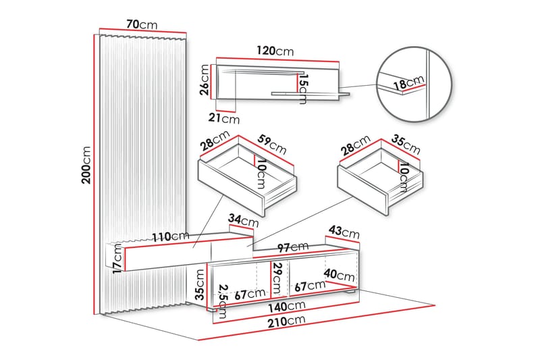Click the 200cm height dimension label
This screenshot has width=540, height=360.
(x=86, y=165)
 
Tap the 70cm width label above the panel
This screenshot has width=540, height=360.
(x=142, y=24)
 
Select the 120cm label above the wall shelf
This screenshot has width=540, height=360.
(x=275, y=51)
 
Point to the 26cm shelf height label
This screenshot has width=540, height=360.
(x=205, y=80)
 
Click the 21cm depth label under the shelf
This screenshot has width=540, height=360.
(x=224, y=118)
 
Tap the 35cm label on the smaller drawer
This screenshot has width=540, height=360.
(x=406, y=145)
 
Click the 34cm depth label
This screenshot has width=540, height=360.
(x=243, y=220)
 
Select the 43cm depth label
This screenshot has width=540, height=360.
(x=344, y=232)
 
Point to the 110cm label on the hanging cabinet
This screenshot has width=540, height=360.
(x=171, y=236)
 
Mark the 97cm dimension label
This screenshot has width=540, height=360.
(x=293, y=247)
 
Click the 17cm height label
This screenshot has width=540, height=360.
(x=117, y=259)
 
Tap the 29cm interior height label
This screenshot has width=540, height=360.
(x=277, y=278)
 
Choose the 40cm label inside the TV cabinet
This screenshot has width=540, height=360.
(x=340, y=275)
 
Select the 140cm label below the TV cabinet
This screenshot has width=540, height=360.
(x=287, y=306)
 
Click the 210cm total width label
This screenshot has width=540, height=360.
(x=287, y=321)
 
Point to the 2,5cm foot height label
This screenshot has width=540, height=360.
(x=223, y=301)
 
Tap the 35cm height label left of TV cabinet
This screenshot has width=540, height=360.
(x=199, y=284)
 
